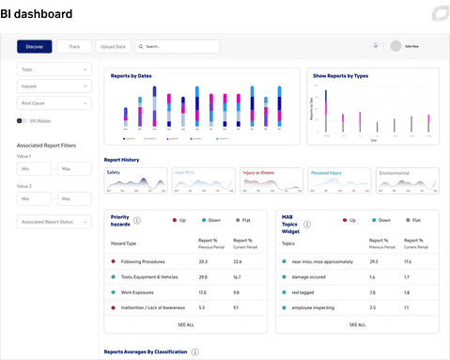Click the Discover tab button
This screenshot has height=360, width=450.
(35, 46)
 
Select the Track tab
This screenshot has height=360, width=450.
(73, 46)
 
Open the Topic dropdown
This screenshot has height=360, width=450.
(54, 69)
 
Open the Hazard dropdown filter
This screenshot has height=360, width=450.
(54, 86)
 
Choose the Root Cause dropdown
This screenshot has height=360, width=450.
(54, 103)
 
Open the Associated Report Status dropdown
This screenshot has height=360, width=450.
(54, 222)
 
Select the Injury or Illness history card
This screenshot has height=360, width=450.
(272, 180)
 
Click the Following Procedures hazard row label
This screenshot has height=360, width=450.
(143, 262)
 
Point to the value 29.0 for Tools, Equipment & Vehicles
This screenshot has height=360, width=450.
(203, 277)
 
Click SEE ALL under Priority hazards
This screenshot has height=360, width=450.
(185, 324)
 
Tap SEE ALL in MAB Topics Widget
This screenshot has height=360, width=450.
(358, 324)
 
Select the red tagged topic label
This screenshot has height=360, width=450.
(303, 292)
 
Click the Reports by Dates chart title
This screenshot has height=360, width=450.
(131, 75)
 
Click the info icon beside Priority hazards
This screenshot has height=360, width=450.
(137, 221)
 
